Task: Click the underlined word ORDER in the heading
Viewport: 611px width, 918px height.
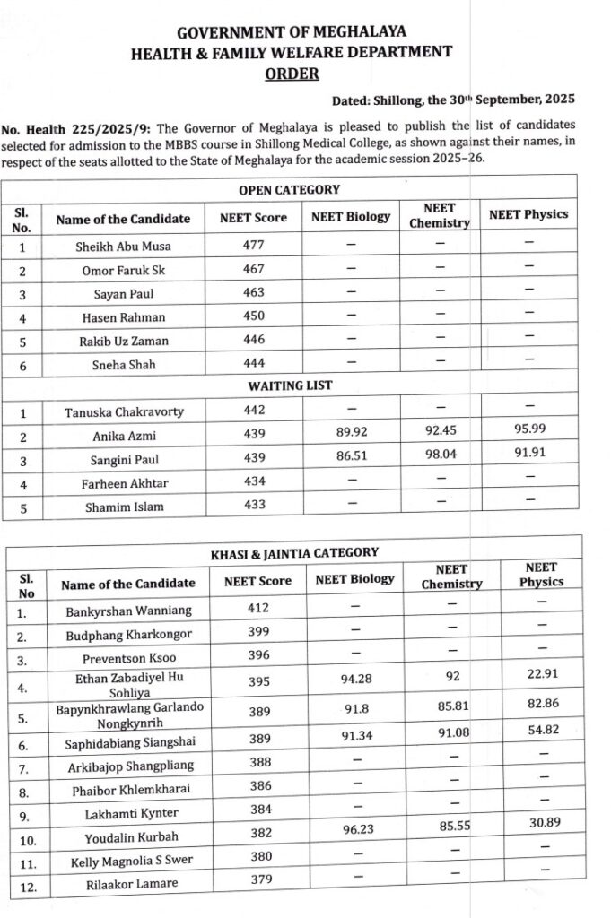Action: [292, 74]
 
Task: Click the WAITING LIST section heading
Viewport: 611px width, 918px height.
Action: [289, 385]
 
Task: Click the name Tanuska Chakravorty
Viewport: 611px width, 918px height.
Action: [124, 412]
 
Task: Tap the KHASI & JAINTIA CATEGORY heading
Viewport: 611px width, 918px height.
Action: [294, 553]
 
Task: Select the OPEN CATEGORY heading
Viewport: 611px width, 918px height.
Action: [289, 190]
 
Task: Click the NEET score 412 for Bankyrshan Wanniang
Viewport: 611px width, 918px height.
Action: [258, 609]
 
